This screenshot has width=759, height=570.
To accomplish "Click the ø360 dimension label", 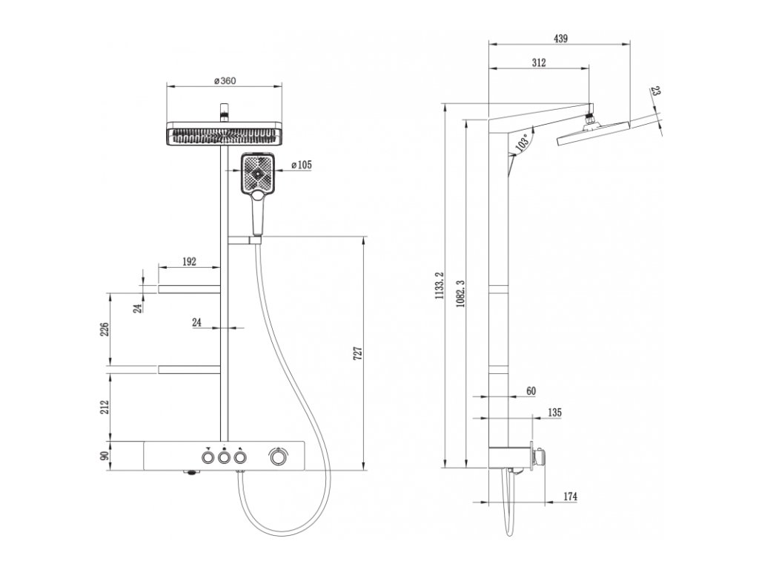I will click(x=224, y=81).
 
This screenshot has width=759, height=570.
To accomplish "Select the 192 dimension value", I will click(x=188, y=261).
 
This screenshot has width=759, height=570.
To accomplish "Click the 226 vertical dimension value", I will click(x=105, y=329).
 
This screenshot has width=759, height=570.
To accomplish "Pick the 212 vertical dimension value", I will click(x=105, y=407).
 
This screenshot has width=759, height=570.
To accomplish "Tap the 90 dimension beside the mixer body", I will click(x=105, y=454).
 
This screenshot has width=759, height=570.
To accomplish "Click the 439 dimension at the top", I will click(x=560, y=39).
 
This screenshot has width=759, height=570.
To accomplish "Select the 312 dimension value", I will click(x=539, y=63).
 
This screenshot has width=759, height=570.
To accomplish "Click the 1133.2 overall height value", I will click(x=438, y=286).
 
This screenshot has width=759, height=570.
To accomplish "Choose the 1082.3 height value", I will click(x=460, y=294).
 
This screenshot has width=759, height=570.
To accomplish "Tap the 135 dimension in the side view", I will click(x=554, y=412).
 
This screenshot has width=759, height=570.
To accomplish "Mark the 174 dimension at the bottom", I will click(x=569, y=496).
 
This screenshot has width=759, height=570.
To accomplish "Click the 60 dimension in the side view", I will click(x=530, y=390).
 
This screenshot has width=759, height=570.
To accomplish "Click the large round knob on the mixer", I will click(x=279, y=459).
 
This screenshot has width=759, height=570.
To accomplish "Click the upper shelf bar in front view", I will click(x=189, y=287).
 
